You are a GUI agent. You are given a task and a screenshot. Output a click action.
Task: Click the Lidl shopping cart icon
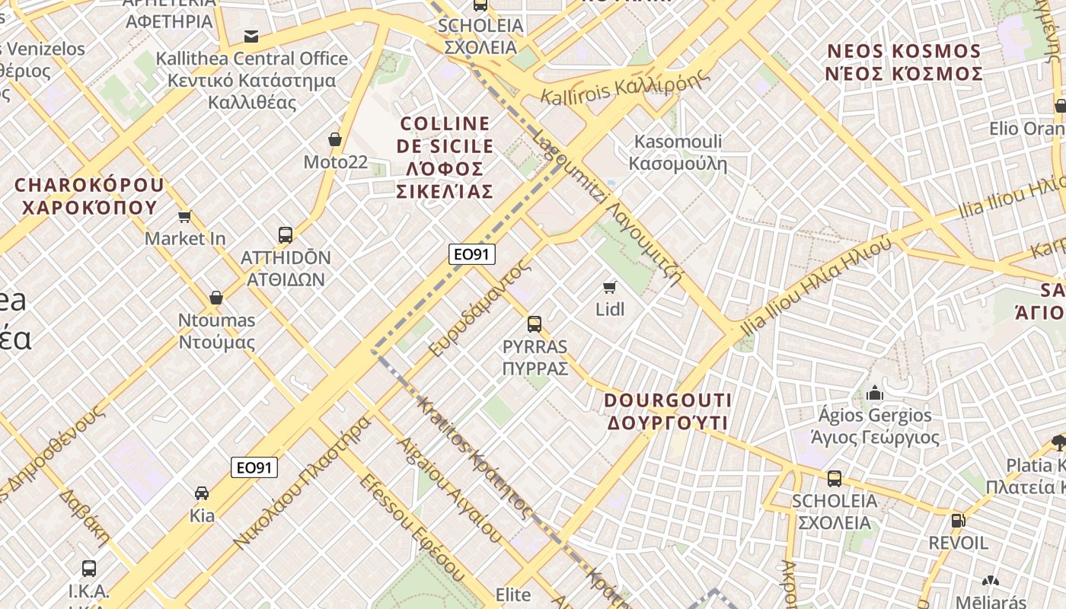(609, 287)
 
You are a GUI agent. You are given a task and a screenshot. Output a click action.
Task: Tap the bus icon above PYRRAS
(535, 324)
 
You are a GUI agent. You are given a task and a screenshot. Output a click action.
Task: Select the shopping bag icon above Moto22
(334, 139)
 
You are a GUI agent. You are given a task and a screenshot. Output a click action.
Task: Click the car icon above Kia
(202, 493)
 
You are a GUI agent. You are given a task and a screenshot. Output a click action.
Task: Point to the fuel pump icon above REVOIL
(958, 521)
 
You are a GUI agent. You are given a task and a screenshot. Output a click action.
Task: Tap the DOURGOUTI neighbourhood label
(668, 411)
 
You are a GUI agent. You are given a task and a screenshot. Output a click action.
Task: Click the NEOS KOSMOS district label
(905, 62)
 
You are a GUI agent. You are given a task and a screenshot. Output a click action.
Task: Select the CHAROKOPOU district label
(88, 196)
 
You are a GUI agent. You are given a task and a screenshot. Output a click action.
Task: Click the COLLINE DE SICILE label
(445, 157)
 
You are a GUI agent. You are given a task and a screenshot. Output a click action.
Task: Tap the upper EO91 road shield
(472, 254)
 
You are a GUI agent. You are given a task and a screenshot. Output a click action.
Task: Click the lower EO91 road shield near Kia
(254, 467)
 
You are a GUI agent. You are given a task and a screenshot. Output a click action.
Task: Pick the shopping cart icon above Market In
(184, 217)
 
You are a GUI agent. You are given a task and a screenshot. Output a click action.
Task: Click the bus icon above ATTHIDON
(286, 234)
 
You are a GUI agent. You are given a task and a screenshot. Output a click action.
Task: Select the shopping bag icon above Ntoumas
(216, 298)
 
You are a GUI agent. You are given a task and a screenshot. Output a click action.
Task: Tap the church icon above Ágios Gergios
(875, 393)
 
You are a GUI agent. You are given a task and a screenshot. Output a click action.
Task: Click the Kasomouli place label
(678, 152)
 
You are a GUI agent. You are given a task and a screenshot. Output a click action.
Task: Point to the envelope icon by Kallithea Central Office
(251, 37)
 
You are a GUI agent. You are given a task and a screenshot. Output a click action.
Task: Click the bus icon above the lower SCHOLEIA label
(835, 479)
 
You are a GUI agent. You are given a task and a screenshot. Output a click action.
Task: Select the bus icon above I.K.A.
(89, 568)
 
